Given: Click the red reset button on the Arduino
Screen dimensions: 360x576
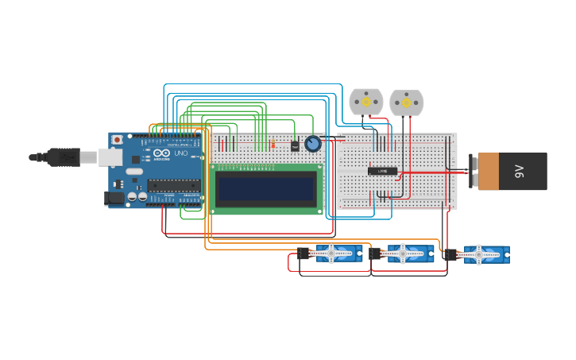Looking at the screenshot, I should pos(118,140).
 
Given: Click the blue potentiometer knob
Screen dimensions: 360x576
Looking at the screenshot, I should pos(313,144).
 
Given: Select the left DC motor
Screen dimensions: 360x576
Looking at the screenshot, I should pos(365,102).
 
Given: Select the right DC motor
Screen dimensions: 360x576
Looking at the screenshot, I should pos(406,102).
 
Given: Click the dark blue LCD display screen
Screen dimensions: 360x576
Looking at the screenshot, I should pos(266,188).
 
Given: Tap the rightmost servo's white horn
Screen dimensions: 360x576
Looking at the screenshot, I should pos(480,254).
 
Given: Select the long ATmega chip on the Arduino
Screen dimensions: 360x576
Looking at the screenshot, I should pos(173,185).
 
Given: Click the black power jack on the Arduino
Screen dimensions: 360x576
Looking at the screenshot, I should pos(116,198).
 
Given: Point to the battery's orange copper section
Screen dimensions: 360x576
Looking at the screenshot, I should pos(489,172).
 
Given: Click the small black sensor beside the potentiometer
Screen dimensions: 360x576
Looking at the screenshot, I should pos(295,145).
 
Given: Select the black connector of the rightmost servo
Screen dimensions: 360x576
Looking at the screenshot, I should pos(451,254).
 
